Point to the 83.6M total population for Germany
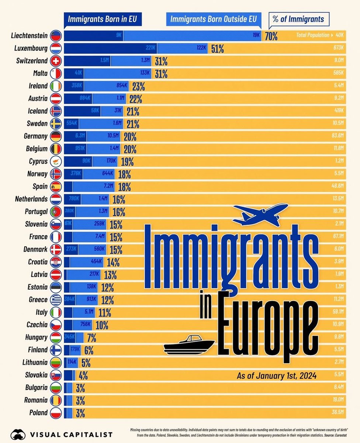(338, 136)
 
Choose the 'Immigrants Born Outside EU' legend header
(213, 19)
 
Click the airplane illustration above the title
(260, 213)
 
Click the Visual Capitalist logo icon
(18, 434)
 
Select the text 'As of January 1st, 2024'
(277, 377)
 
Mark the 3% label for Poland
(80, 413)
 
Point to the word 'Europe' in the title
(267, 325)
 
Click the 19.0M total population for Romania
(338, 400)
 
